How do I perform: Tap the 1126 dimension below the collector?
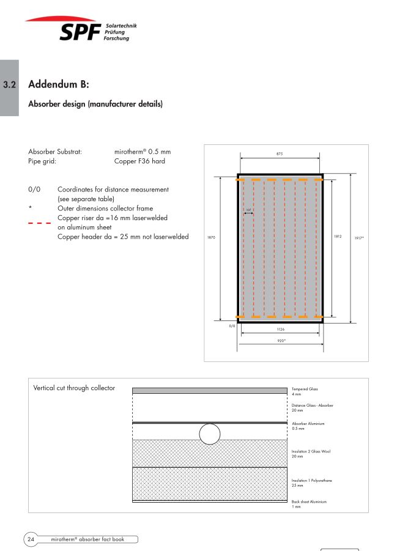tap(280, 329)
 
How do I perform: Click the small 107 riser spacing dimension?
tap(248, 210)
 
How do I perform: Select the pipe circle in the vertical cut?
tap(210, 434)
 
